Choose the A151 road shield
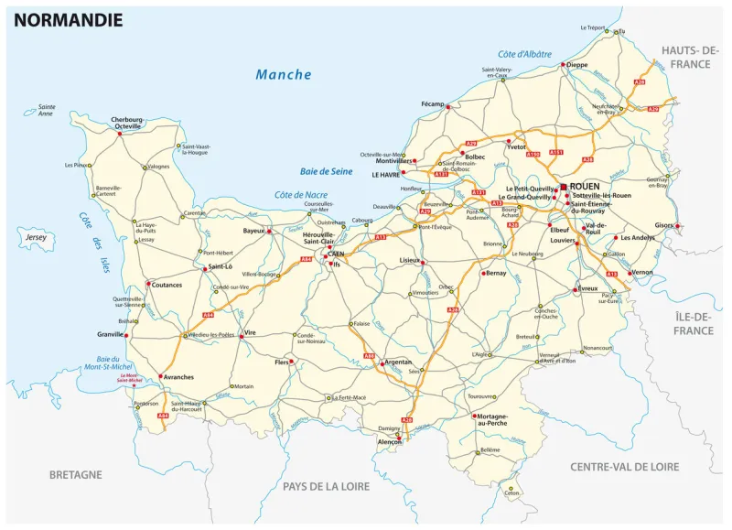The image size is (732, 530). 557,152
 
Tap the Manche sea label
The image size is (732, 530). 283,75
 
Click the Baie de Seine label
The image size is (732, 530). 327,171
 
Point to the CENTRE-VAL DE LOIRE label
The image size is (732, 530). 624,467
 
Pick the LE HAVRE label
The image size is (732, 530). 387,173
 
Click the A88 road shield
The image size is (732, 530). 369,355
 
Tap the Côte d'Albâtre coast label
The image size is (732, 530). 525,54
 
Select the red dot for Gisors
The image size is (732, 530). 675,226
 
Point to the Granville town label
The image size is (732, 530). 110,335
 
